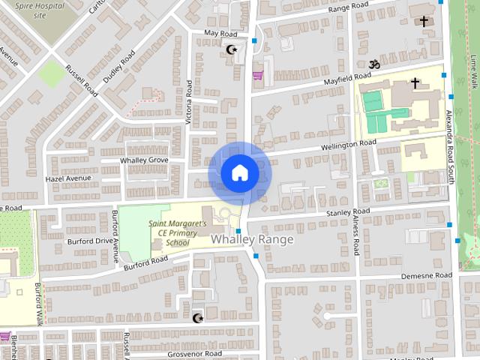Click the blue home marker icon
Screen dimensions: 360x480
239,173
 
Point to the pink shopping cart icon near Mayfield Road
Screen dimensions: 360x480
258,75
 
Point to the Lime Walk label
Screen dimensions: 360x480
473,72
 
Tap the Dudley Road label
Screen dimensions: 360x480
119,65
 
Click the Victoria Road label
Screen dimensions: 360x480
189,102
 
